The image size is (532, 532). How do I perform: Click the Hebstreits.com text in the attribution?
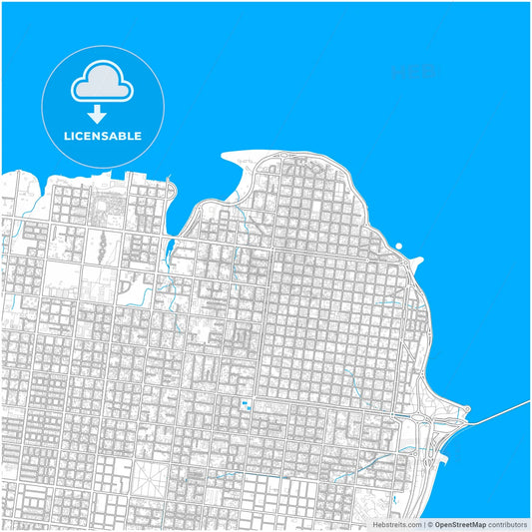(395, 524)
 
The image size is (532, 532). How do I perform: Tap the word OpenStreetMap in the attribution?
(460, 524)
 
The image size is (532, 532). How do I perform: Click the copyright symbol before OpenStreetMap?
(429, 524)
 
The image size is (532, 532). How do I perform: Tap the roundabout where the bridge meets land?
(461, 424)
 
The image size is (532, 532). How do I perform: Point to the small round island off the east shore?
(398, 246)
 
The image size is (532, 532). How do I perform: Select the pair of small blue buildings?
(247, 404)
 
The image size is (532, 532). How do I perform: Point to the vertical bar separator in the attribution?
(423, 524)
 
